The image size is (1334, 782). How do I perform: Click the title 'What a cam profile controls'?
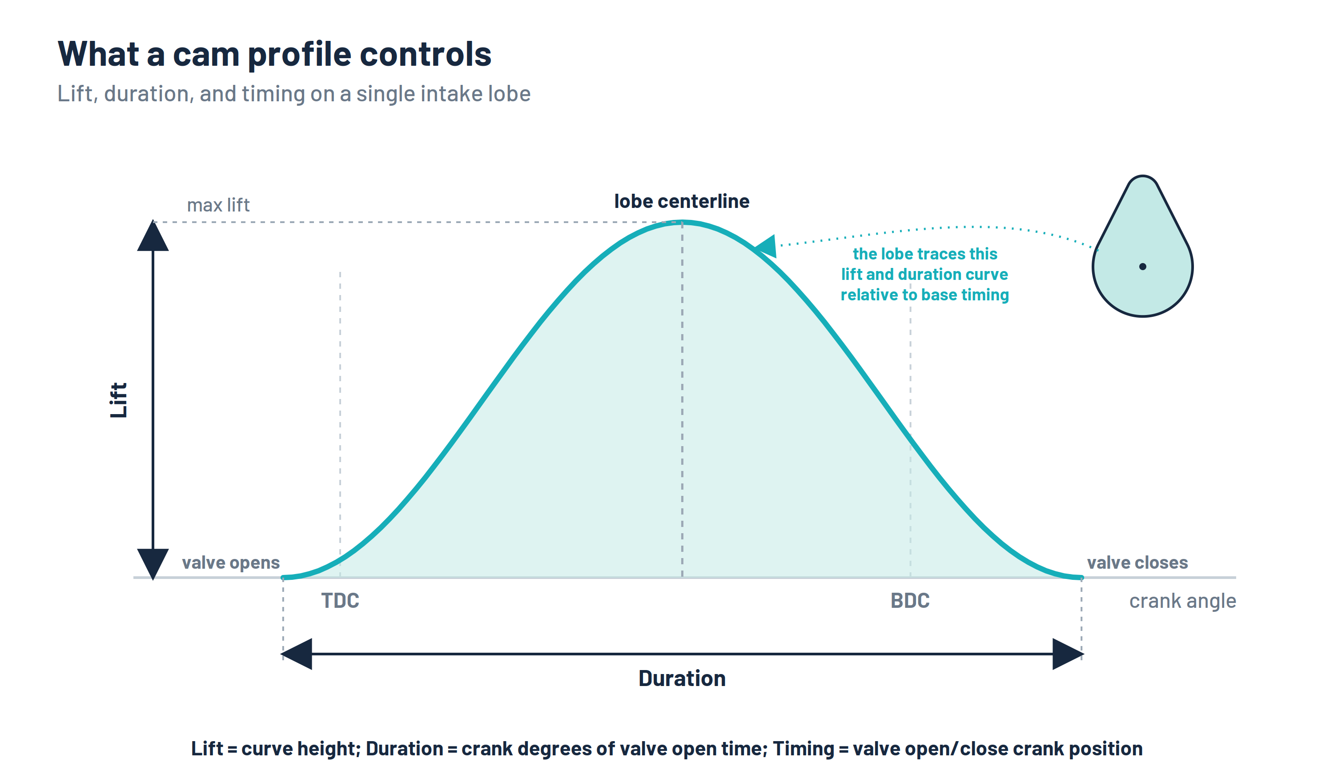(x=274, y=55)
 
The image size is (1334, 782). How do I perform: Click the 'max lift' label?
(x=218, y=205)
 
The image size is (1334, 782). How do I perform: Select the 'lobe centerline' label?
(x=682, y=201)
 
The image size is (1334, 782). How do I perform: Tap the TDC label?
(x=340, y=601)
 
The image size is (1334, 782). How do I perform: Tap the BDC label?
(x=910, y=601)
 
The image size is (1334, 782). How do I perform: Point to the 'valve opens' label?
(x=231, y=563)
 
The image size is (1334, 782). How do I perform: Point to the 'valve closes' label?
(x=1137, y=563)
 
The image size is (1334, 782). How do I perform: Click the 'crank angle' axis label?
(x=1183, y=601)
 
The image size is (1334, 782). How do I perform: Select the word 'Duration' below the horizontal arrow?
(x=682, y=678)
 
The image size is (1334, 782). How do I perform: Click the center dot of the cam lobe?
(x=1143, y=267)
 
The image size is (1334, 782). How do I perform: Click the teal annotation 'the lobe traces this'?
(x=925, y=254)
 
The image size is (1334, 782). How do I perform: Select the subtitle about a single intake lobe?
(x=294, y=94)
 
